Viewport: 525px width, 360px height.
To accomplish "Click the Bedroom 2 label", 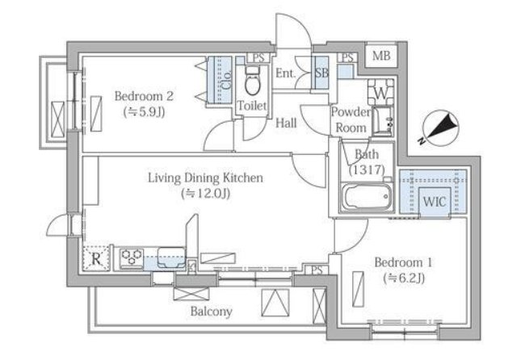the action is [144, 96].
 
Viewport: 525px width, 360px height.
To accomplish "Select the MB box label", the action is [381, 55].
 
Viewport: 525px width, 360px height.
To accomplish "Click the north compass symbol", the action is [440, 129].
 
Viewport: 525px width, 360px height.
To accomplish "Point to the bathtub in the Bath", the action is [367, 197].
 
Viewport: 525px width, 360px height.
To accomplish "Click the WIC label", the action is [435, 202].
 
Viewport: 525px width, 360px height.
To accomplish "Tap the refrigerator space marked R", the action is [96, 258].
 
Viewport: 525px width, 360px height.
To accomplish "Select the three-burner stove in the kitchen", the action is [132, 258].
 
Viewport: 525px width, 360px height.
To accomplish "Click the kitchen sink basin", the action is [171, 257].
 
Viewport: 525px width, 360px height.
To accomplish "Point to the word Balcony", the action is [212, 312].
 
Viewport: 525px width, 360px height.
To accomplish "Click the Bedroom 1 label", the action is [403, 262].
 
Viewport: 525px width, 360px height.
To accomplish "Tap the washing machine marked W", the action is [380, 92].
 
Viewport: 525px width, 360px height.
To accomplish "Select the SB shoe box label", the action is [321, 73].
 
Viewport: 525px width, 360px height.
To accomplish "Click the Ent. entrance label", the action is [286, 73].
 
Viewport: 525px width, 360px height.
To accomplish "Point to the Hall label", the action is [286, 123].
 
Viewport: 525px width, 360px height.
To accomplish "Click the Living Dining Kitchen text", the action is [205, 178].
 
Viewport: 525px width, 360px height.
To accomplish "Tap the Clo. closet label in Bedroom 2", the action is [227, 79].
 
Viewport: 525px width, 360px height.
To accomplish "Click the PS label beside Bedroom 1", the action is [317, 270].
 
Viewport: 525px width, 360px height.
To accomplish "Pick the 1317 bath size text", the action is [367, 170].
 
